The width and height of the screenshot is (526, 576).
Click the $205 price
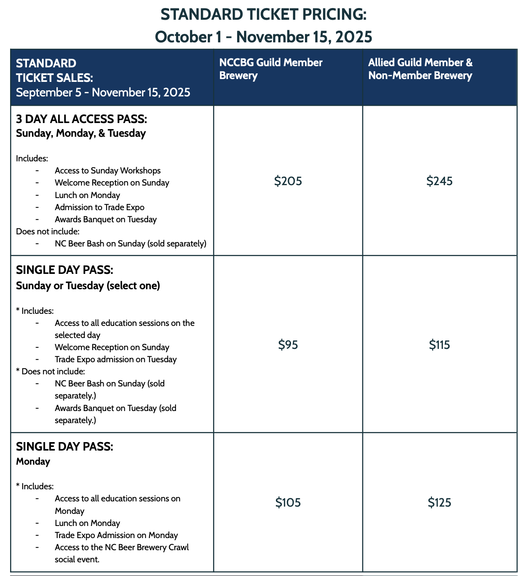288,181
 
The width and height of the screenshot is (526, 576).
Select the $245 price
439,181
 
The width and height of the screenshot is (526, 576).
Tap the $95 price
288,345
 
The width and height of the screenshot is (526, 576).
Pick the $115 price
439,345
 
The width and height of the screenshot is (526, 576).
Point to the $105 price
288,503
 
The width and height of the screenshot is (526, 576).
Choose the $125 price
439,503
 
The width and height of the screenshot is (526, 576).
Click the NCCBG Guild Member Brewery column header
271,69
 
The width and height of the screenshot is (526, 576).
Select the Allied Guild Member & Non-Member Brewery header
420,69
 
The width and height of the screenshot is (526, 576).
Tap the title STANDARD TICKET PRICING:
263,15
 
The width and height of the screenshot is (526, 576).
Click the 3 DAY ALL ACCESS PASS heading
81,119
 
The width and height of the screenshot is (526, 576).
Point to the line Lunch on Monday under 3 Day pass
88,195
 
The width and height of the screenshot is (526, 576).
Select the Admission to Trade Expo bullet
100,207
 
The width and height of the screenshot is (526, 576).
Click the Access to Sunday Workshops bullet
108,171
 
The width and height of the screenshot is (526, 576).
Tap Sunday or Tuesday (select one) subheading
88,286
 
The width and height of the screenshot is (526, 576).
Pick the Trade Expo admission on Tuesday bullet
116,359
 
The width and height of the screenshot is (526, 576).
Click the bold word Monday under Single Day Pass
33,461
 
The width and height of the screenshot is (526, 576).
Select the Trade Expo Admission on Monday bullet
116,535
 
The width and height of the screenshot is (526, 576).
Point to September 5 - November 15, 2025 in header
103,92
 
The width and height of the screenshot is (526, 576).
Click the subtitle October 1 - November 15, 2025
263,37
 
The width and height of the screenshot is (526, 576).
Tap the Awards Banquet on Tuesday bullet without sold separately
106,219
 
